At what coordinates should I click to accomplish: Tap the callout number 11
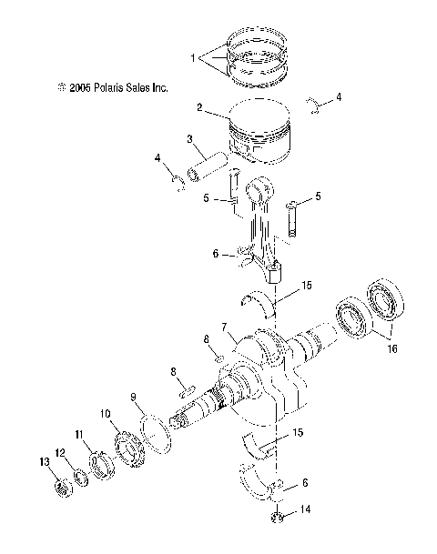click(79, 436)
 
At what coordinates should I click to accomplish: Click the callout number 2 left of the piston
click(198, 107)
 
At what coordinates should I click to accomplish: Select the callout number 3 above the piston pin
click(189, 139)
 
